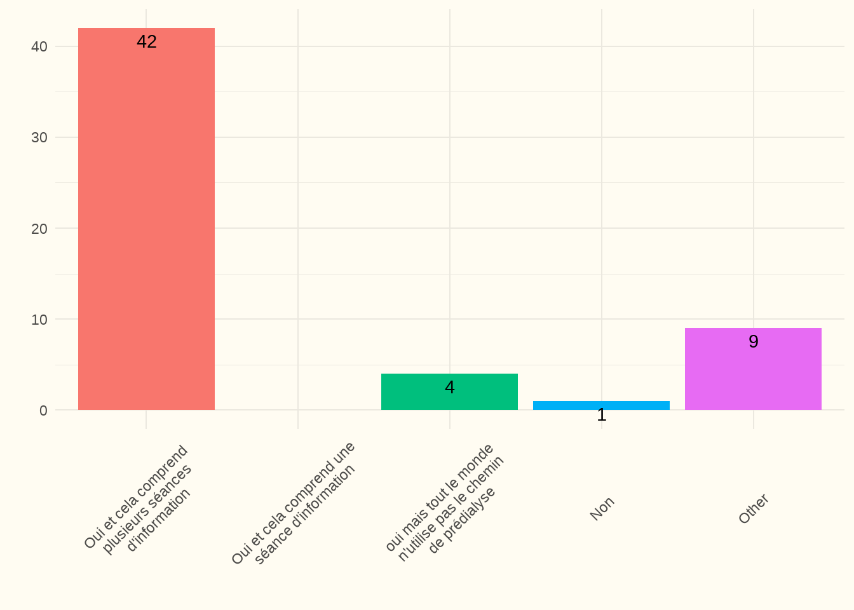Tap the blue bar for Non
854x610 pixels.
601,405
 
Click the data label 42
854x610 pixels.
147,42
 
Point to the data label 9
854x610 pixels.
754,342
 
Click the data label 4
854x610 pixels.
450,388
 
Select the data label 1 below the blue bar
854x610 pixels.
602,416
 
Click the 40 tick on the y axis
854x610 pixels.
39,47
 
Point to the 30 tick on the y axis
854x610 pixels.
39,138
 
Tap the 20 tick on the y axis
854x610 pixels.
39,229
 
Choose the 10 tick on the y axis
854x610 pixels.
39,320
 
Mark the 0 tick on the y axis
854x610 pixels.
43,410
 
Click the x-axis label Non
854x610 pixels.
602,508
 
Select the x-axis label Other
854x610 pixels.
754,509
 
